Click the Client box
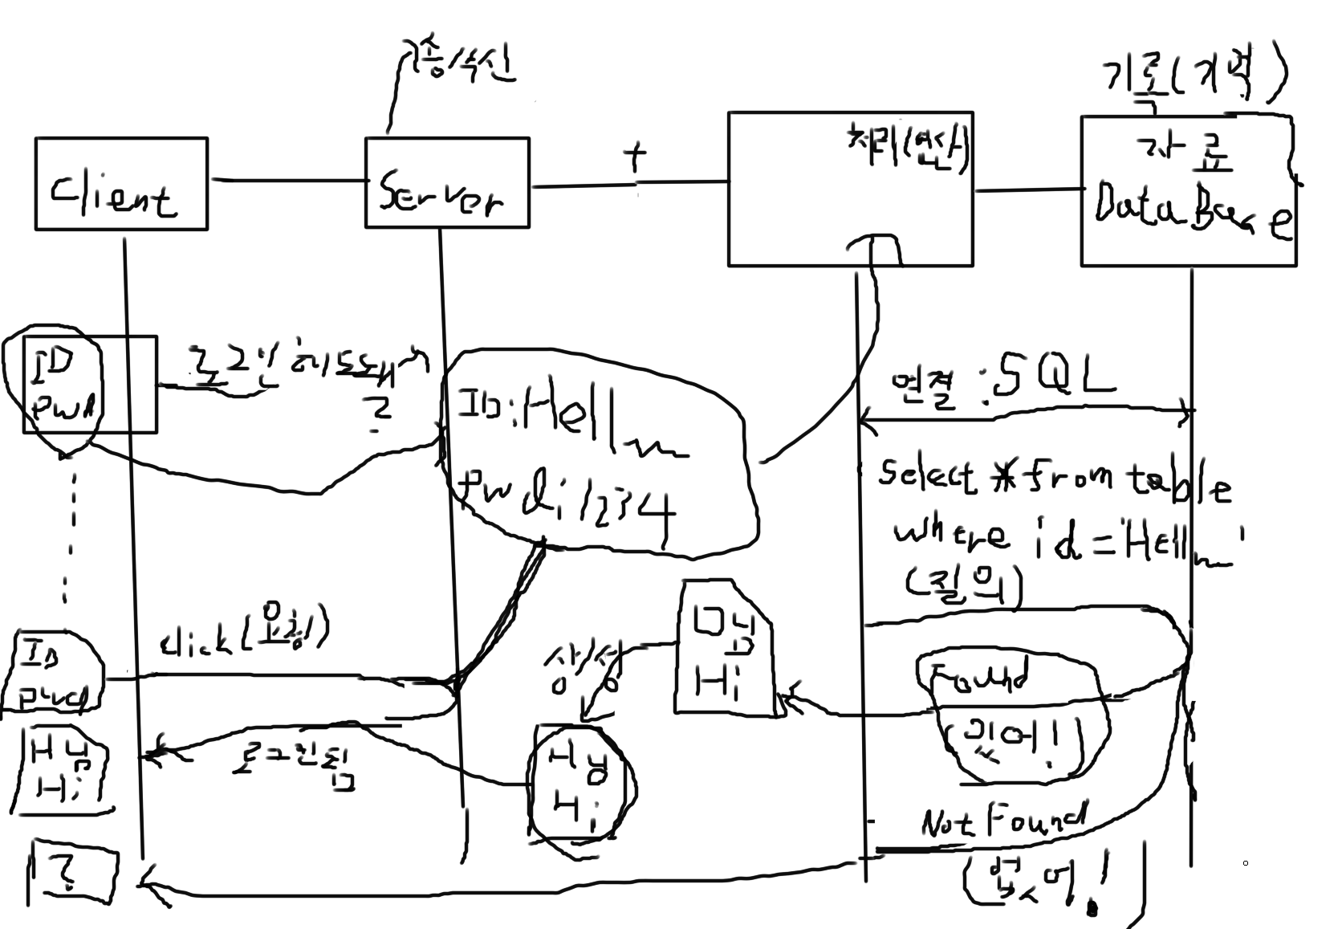pos(120,184)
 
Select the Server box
pos(446,183)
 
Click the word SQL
pos(1051,380)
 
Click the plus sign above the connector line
pos(636,157)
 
